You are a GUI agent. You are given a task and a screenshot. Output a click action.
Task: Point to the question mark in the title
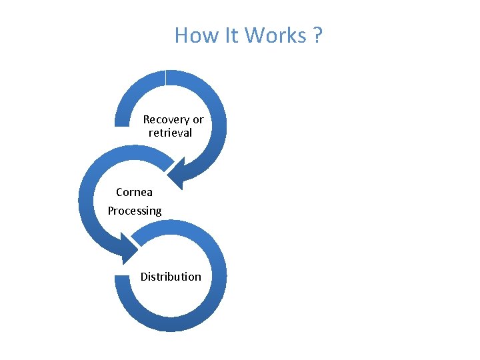316,35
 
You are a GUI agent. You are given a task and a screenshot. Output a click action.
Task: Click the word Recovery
166,120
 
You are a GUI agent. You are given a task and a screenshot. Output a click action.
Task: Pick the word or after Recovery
198,120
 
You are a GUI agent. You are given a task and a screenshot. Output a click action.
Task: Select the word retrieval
170,133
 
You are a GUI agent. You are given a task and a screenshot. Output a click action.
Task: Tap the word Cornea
134,192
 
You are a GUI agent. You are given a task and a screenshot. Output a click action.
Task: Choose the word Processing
135,211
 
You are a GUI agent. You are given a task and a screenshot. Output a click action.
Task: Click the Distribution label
171,277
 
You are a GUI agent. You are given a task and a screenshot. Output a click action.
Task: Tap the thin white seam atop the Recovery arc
165,78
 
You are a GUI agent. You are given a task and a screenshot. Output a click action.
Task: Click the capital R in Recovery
147,120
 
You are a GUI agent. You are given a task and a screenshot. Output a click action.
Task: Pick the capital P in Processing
111,211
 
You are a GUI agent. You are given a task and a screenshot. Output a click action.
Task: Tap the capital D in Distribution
144,277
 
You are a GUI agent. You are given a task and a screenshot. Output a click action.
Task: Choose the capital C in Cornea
120,192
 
